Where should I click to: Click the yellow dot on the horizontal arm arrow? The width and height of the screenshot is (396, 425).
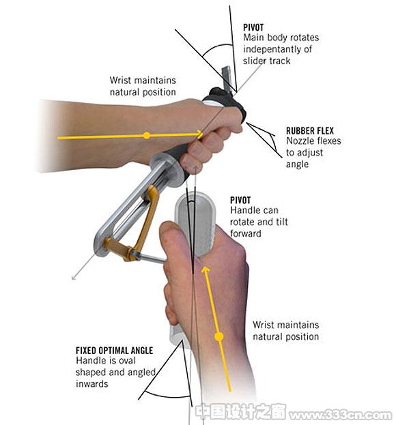pos(147,135)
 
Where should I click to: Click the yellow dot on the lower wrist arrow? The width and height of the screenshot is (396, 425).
pos(219,337)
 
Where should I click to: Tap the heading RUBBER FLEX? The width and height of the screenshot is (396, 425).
pos(310,131)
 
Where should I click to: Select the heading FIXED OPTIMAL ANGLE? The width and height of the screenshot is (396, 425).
pos(114,351)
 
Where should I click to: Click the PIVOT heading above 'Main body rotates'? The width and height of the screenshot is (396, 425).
pos(253,27)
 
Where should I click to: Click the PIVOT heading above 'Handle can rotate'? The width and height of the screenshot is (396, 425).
pos(240,201)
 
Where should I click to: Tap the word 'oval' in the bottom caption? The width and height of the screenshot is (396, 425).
pos(127,360)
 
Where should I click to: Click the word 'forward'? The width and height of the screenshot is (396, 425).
pos(246,233)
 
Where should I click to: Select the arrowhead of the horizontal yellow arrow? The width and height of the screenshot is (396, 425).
pos(199,134)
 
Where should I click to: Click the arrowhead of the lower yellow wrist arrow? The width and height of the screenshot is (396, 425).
pos(206,270)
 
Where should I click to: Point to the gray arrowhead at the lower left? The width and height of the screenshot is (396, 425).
pos(74,277)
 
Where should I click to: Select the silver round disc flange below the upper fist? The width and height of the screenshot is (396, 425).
pos(169,170)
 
